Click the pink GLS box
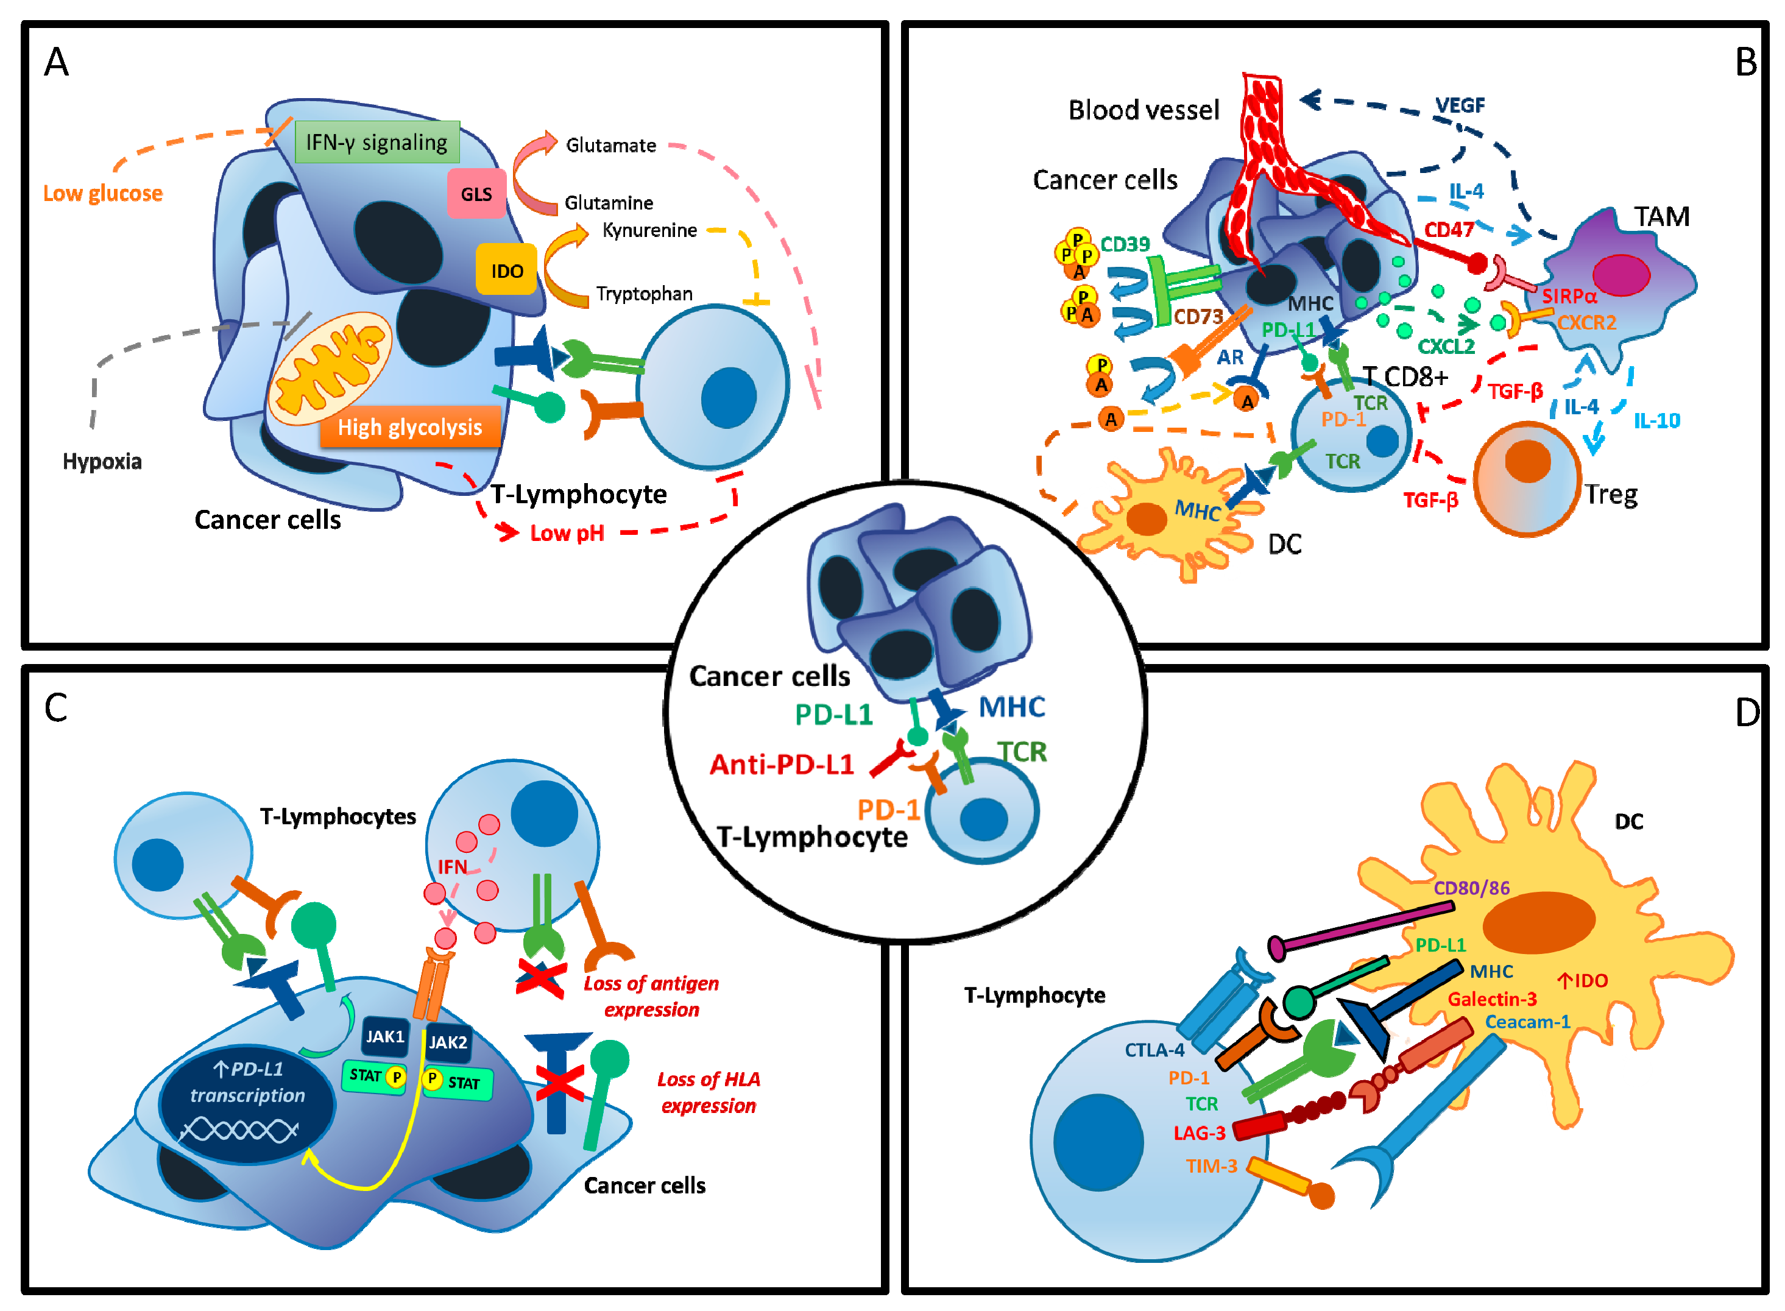point(476,193)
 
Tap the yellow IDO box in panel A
point(506,270)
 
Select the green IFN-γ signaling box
point(377,142)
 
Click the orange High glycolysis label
point(411,427)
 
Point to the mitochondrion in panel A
point(330,368)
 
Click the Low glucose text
point(102,193)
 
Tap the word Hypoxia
point(102,461)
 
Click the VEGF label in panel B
point(1460,105)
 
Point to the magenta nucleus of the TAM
point(1621,275)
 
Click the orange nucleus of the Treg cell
point(1528,461)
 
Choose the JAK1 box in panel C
point(385,1036)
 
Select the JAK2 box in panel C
point(448,1042)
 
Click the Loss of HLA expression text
point(709,1092)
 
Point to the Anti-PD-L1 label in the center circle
point(782,764)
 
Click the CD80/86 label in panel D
point(1471,887)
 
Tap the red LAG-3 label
point(1200,1133)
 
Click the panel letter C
point(55,708)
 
